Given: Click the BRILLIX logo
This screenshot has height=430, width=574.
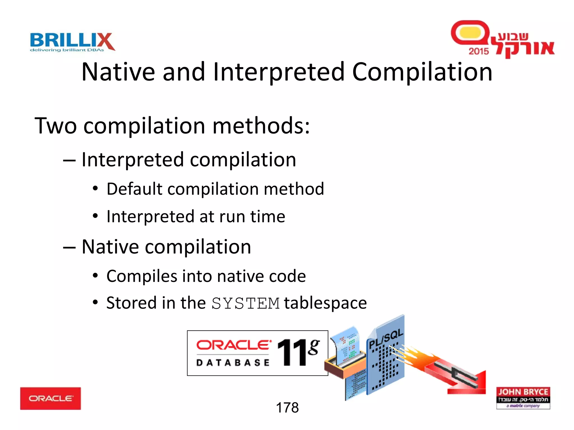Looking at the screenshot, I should [x=72, y=41].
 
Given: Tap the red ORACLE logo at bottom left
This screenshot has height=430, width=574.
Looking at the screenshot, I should [x=50, y=398].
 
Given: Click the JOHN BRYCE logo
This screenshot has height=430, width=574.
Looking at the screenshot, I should [x=523, y=398].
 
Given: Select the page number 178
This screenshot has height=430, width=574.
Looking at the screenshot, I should [x=287, y=407].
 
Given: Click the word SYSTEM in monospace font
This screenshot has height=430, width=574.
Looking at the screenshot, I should [x=246, y=303].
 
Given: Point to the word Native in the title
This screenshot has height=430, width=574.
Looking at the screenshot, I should [x=118, y=72].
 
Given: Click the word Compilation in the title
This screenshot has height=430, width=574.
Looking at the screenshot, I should [x=422, y=72].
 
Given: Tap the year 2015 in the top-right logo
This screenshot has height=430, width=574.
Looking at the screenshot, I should [x=478, y=51].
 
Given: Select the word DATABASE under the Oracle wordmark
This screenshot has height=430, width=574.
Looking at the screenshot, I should [x=233, y=363].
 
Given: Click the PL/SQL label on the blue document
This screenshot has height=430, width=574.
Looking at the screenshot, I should [x=386, y=338].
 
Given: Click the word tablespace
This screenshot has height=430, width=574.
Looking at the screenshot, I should [x=325, y=303].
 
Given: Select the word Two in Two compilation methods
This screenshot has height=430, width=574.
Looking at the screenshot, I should [x=55, y=126].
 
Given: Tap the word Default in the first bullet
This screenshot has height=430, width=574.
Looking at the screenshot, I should [x=134, y=189].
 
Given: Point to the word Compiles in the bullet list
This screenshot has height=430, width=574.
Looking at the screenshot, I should [x=142, y=276].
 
